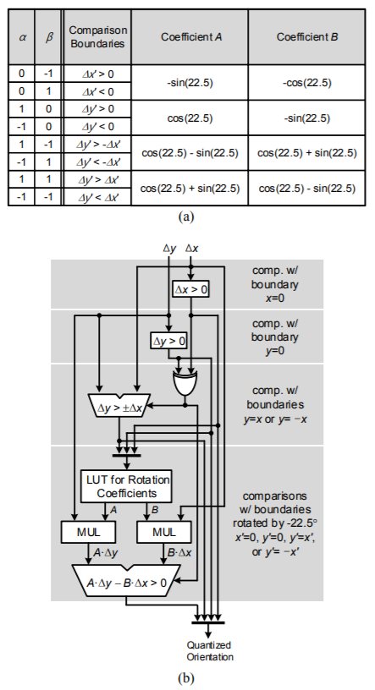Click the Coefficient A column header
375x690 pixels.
tap(190, 37)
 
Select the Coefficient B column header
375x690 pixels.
tap(307, 37)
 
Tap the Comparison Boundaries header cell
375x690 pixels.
tap(97, 37)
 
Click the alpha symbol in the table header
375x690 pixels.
tap(22, 37)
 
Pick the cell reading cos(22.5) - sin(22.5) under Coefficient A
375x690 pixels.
tap(190, 153)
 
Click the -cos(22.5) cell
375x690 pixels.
tap(306, 83)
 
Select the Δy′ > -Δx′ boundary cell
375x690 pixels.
tap(97, 144)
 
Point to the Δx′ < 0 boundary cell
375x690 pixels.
tap(97, 91)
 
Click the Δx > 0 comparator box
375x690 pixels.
tap(190, 289)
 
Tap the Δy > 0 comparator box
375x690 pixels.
tap(168, 340)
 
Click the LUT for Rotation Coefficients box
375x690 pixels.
tap(127, 486)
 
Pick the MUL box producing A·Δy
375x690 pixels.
tap(89, 532)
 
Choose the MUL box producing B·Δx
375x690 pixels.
tap(164, 532)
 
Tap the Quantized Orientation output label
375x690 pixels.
tap(209, 651)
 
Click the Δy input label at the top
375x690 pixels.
tap(169, 249)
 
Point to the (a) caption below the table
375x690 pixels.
tap(185, 216)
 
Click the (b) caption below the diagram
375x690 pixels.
tap(185, 678)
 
